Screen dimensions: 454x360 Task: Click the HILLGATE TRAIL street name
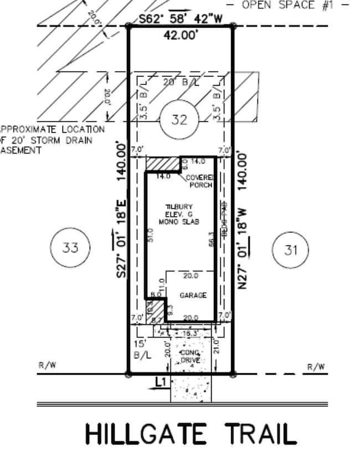191,434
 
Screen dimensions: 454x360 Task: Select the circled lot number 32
179,120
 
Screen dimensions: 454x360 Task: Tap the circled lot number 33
70,247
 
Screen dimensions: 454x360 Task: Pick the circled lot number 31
291,250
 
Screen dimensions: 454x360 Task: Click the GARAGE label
193,296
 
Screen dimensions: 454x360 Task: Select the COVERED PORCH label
199,181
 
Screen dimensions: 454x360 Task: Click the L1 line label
161,382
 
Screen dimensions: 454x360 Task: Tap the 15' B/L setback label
143,349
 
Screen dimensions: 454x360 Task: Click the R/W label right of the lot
316,367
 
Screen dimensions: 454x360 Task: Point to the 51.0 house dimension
151,235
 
